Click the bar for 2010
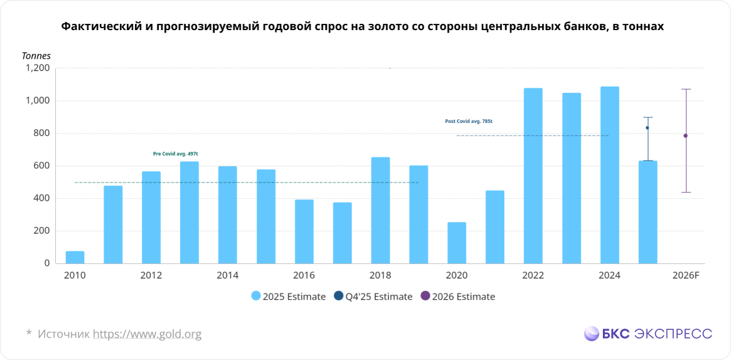point(75,257)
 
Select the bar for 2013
point(189,213)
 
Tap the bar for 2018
point(380,210)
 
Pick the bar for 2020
point(457,243)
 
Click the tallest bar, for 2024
point(609,175)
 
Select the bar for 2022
point(533,176)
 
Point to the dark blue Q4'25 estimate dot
point(648,128)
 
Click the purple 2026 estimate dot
point(685,135)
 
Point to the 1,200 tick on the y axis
point(38,68)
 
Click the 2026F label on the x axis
point(685,276)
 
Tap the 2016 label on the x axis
point(304,276)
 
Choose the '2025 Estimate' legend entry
point(288,297)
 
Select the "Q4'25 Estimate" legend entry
point(373,297)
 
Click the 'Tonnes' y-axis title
point(36,56)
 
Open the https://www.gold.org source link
point(147,334)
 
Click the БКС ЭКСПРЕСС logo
point(648,334)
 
